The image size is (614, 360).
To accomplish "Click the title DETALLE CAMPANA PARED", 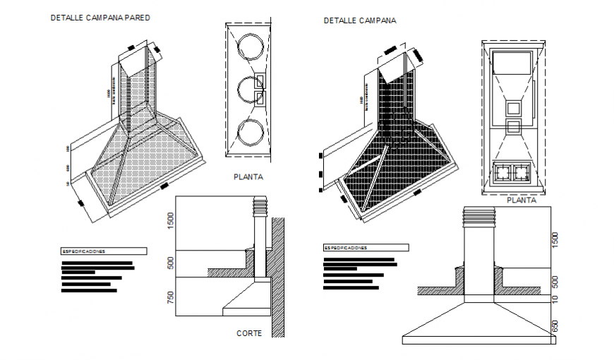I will point(100,18).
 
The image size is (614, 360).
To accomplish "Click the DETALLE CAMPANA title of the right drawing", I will point(360,20).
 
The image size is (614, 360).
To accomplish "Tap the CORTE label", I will point(249,333).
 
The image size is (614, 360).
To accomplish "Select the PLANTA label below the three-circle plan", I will point(248,178).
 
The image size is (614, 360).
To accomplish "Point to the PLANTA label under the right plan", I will point(522,200).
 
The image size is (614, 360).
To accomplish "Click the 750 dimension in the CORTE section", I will point(170,297).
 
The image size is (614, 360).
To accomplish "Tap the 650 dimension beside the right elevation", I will point(555,326).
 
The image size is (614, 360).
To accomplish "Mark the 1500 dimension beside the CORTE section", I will point(170,220).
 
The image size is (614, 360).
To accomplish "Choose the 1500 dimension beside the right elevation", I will point(555,240).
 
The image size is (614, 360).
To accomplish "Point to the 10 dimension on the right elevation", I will point(555,299).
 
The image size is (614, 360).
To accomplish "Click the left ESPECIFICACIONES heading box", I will point(104,251).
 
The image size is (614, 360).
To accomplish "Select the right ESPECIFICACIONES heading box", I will point(366,248).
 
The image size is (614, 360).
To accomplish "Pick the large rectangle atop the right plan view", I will point(512,62).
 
